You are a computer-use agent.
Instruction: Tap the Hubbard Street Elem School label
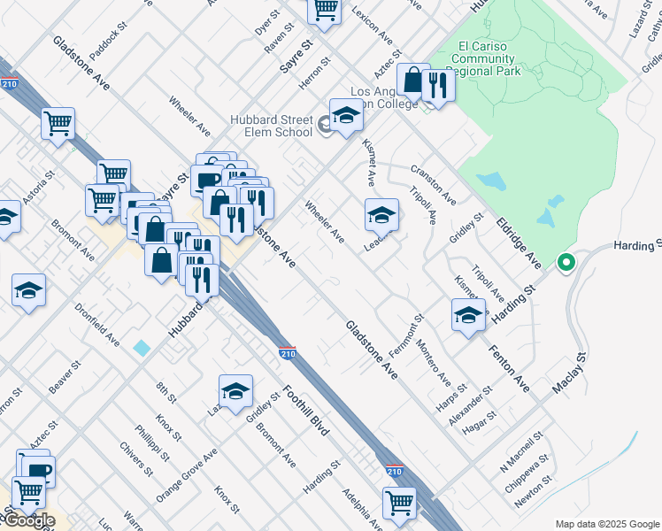click(272, 126)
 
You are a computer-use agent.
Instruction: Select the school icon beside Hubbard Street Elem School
click(346, 116)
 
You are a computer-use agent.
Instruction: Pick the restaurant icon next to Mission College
click(436, 86)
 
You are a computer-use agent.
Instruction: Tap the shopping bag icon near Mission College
click(413, 80)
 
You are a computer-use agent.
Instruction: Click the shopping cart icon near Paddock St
click(58, 124)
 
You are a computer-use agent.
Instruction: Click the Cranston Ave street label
click(433, 184)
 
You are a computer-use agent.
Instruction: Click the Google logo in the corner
click(27, 520)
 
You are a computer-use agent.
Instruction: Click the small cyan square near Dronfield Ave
click(142, 348)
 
